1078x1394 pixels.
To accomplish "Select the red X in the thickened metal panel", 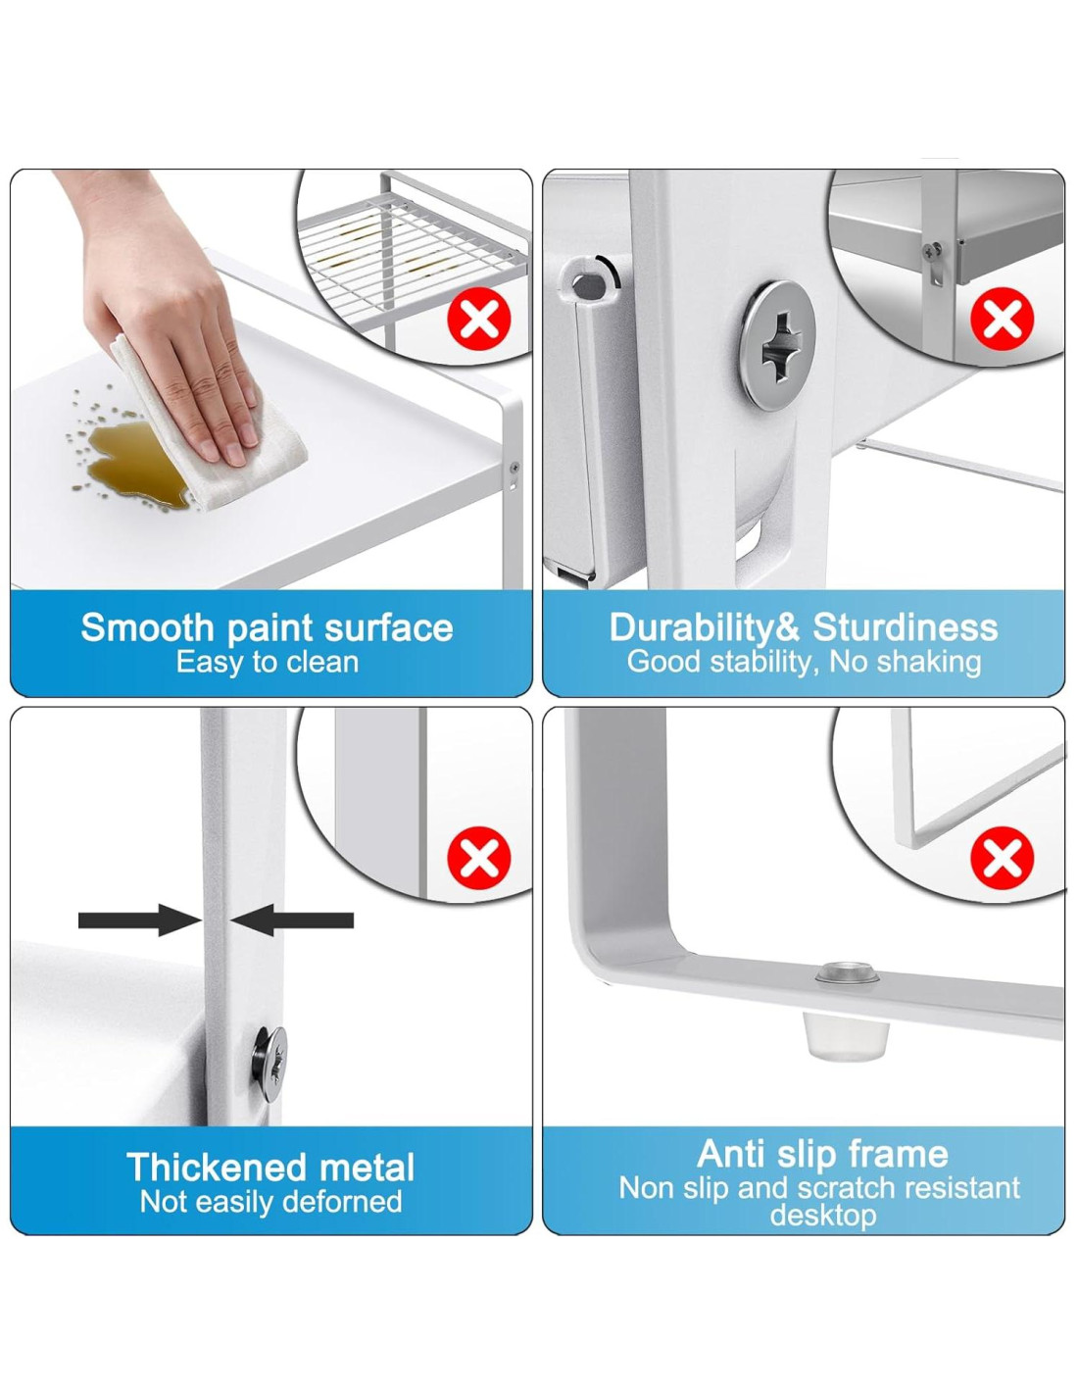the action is coord(478,859).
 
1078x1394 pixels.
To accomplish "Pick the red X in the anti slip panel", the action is coord(1002,859).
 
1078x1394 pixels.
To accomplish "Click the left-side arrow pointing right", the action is coord(138,920).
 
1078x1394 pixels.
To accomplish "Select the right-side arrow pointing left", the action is coord(292,920).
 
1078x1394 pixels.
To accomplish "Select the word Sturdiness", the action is coord(906,627).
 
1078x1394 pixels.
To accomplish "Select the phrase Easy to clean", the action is coord(268,662).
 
